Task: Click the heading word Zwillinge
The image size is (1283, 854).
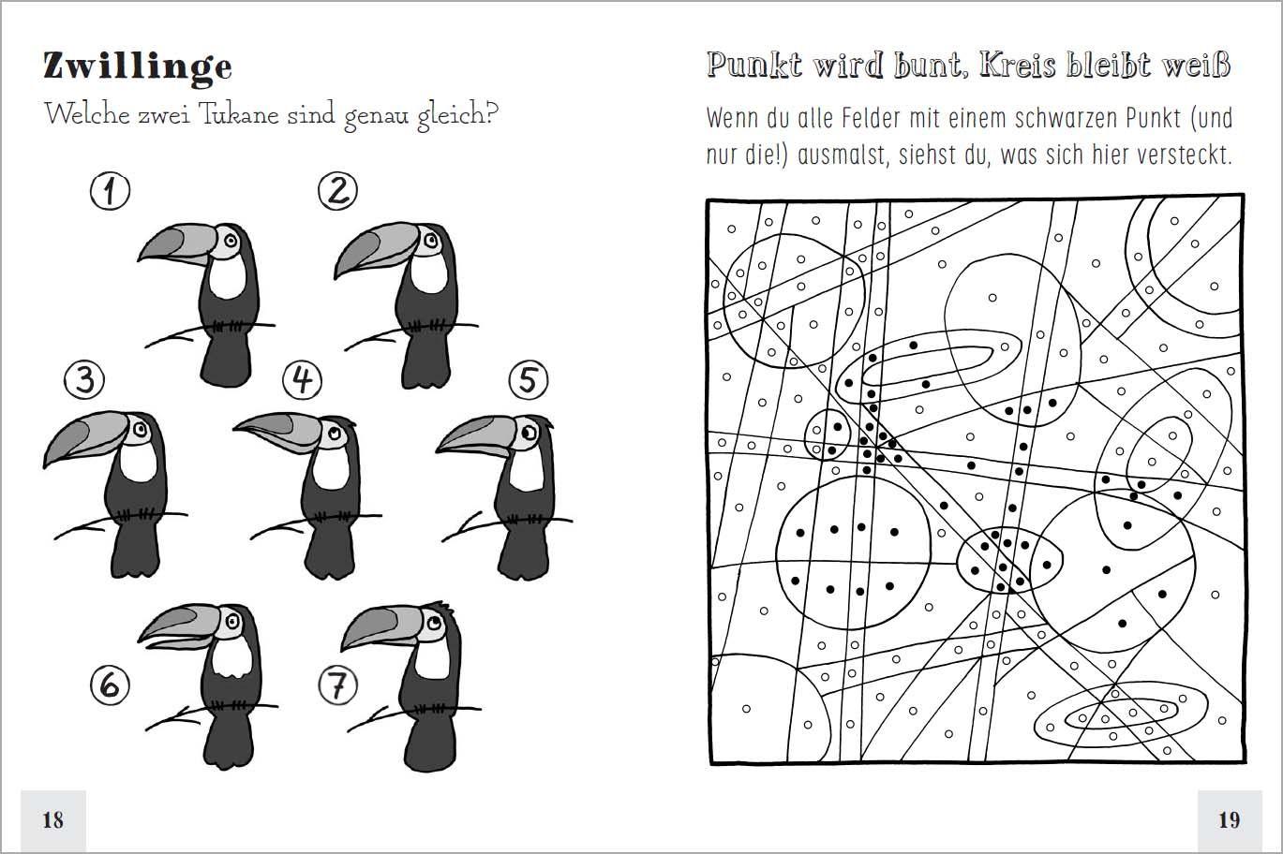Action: point(137,66)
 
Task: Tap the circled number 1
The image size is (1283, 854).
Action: point(110,192)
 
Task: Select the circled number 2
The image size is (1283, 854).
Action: point(337,191)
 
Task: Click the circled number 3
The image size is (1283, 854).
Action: point(84,380)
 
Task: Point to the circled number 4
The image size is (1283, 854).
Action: point(302,379)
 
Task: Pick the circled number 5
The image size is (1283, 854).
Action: point(529,380)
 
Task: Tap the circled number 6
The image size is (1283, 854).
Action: point(110,685)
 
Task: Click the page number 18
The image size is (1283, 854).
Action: point(52,819)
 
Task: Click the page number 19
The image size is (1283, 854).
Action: point(1229,819)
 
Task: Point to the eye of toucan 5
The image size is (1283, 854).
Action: point(529,434)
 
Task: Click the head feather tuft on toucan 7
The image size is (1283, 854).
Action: point(440,604)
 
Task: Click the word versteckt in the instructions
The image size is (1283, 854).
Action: point(1184,155)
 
